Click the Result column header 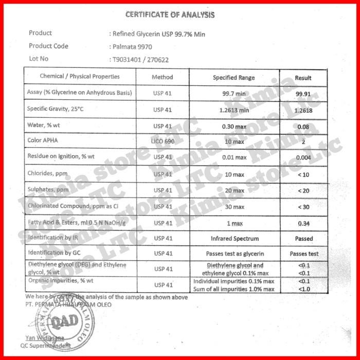point(303,78)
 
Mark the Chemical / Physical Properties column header point(80,77)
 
